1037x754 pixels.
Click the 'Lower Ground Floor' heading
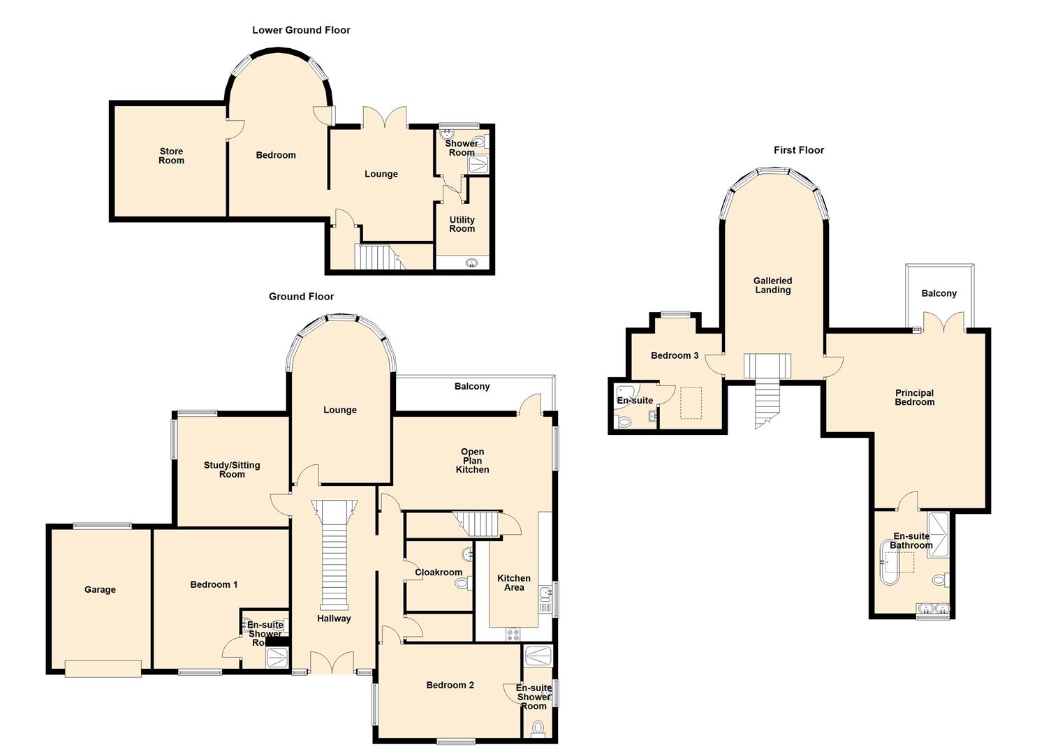pyautogui.click(x=301, y=30)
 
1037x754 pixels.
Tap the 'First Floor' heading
pyautogui.click(x=799, y=150)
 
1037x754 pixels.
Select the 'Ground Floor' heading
pyautogui.click(x=301, y=296)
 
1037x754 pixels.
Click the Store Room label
pyautogui.click(x=171, y=156)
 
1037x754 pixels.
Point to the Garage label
pyautogui.click(x=100, y=589)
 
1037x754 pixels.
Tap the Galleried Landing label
pyautogui.click(x=772, y=285)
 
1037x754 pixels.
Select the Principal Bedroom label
pyautogui.click(x=914, y=398)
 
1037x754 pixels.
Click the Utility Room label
pyautogui.click(x=462, y=224)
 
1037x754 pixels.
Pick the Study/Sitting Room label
pyautogui.click(x=232, y=469)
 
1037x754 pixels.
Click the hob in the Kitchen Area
pyautogui.click(x=513, y=634)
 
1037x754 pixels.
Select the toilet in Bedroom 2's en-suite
pyautogui.click(x=538, y=729)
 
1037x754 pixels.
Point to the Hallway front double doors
pyautogui.click(x=332, y=663)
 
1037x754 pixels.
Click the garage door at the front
pyautogui.click(x=103, y=669)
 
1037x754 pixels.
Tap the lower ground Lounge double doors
pyautogui.click(x=385, y=117)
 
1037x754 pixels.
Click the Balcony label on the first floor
pyautogui.click(x=939, y=293)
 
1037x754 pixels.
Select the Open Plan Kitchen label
pyautogui.click(x=472, y=461)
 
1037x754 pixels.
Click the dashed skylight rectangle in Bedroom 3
pyautogui.click(x=691, y=403)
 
